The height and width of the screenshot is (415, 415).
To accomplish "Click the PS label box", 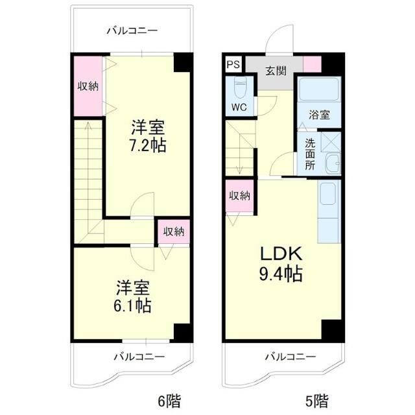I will tap(233, 65).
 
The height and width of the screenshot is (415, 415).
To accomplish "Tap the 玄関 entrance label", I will tap(275, 70).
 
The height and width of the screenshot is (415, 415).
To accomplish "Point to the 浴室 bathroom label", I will tap(318, 115).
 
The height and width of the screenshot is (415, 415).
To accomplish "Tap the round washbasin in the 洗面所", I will tap(332, 164).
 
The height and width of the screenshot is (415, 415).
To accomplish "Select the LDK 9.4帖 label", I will tap(281, 263).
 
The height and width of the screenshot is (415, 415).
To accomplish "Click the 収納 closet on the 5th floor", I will tap(238, 196).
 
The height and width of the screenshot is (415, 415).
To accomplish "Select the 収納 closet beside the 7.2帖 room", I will tap(88, 86).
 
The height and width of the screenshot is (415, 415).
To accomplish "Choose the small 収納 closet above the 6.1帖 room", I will tap(173, 231).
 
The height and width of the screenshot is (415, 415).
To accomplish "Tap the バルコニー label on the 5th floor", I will tap(290, 357).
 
